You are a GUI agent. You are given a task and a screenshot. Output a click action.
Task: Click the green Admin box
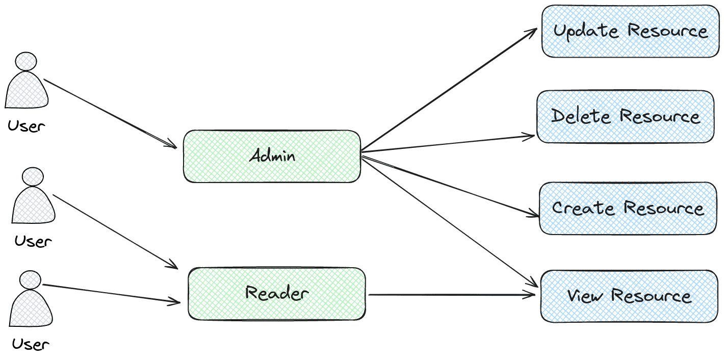point(272,156)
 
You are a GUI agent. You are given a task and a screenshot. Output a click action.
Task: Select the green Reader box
point(277,294)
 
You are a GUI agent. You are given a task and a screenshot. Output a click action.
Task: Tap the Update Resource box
point(631,31)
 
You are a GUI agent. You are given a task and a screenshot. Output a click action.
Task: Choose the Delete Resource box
point(625,117)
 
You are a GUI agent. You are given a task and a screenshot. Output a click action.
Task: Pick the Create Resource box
point(628,208)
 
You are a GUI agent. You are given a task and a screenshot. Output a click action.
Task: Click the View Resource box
point(629,296)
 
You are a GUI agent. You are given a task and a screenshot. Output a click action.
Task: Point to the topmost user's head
point(26,61)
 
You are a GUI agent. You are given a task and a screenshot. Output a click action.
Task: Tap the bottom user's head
point(30,280)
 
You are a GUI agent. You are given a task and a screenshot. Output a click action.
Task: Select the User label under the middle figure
point(34,241)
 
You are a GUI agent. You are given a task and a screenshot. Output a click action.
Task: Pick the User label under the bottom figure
point(31,344)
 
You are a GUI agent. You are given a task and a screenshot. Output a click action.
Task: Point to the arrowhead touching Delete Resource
point(530,136)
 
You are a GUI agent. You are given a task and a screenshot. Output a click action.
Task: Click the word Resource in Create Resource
point(664,208)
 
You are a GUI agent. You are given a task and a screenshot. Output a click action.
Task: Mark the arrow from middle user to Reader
point(115,231)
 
